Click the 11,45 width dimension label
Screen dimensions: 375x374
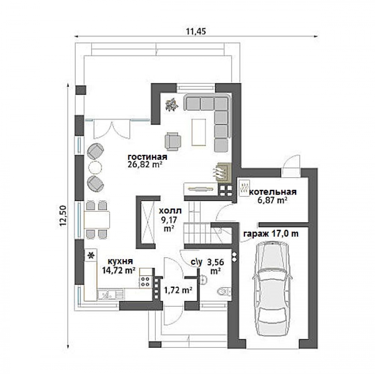(x=196, y=31)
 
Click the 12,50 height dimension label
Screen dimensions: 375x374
(x=63, y=215)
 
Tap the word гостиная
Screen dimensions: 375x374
(x=147, y=157)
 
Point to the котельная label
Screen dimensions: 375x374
(x=273, y=192)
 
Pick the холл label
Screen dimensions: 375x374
(x=170, y=211)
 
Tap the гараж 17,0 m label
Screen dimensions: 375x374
(x=271, y=234)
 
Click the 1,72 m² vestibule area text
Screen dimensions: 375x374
(x=178, y=290)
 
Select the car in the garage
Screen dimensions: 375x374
(x=272, y=289)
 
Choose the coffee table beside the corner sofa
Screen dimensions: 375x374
(x=198, y=132)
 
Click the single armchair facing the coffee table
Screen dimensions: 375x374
(x=172, y=142)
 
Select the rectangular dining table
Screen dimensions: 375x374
(x=97, y=220)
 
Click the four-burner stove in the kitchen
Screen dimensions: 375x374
(x=145, y=281)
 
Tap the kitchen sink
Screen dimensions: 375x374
(x=111, y=295)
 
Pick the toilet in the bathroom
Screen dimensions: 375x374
(x=224, y=291)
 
